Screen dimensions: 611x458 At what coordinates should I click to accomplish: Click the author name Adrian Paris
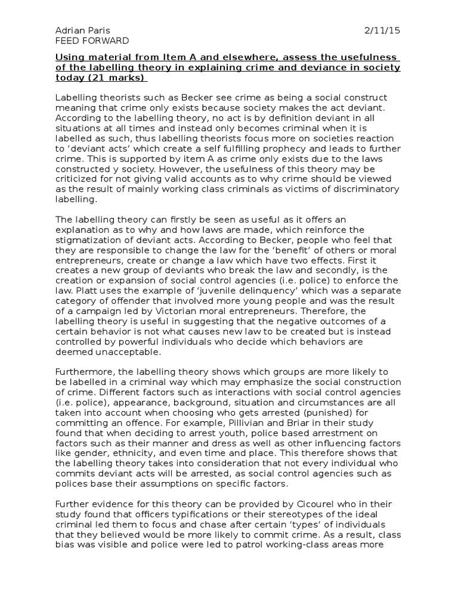pyautogui.click(x=82, y=30)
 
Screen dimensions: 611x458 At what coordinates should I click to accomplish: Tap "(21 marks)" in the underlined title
pyautogui.click(x=118, y=78)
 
